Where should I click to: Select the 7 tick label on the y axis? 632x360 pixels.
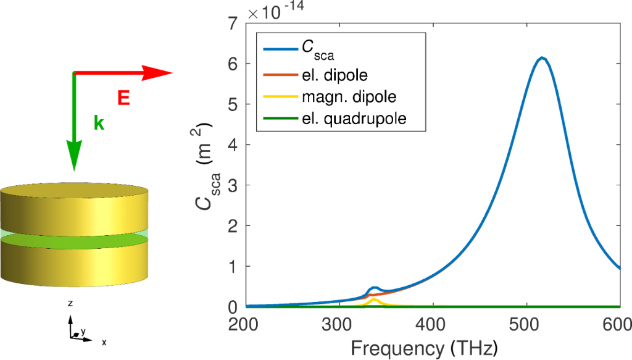[233, 23]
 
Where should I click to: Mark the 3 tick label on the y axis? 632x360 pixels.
[233, 185]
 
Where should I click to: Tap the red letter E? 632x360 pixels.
[124, 96]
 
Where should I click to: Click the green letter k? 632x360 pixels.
[99, 123]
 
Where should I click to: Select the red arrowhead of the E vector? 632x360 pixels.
[159, 73]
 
